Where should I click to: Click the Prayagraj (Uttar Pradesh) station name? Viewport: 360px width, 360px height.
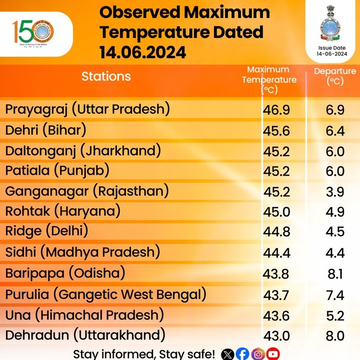click(x=87, y=110)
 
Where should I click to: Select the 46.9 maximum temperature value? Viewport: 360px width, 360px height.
click(x=277, y=111)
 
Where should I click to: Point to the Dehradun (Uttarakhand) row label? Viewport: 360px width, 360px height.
click(x=85, y=335)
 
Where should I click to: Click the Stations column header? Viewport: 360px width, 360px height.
click(x=106, y=76)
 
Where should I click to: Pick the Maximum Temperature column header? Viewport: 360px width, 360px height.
click(x=268, y=79)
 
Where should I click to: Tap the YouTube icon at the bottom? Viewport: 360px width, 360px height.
click(x=273, y=354)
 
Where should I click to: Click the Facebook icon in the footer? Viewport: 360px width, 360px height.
click(x=242, y=354)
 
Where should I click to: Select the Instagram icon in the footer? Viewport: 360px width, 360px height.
click(x=258, y=354)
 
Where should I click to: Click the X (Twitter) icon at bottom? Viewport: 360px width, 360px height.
click(x=228, y=354)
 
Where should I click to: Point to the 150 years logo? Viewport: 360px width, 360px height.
click(x=33, y=33)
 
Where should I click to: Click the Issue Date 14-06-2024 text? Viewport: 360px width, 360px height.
click(x=331, y=51)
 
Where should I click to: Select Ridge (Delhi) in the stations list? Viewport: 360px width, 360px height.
click(x=47, y=231)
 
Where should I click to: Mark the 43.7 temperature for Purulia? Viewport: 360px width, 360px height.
click(x=277, y=295)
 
